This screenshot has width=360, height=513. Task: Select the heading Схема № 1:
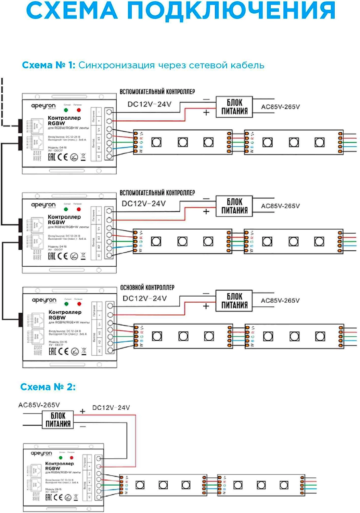[x=48, y=65]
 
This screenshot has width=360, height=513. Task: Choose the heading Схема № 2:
[x=48, y=387]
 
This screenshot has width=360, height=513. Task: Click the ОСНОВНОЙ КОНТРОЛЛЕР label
[x=147, y=288]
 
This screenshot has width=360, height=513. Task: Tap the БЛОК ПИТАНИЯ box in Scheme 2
[x=58, y=420]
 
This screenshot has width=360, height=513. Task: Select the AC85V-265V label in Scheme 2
[x=39, y=405]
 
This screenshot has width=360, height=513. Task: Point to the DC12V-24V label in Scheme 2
[x=111, y=408]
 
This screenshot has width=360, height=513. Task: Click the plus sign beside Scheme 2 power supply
[x=82, y=411]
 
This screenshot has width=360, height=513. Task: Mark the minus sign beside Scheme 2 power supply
[x=82, y=426]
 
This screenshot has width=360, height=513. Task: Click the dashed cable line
[x=2, y=103]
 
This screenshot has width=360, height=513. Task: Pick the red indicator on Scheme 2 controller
[x=72, y=458]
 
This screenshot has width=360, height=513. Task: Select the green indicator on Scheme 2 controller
[x=61, y=458]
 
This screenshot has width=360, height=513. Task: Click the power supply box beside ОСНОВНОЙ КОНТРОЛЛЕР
[x=234, y=301]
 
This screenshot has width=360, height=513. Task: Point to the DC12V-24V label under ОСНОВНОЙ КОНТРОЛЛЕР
[x=144, y=298]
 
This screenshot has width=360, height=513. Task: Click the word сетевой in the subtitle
[x=208, y=65]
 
